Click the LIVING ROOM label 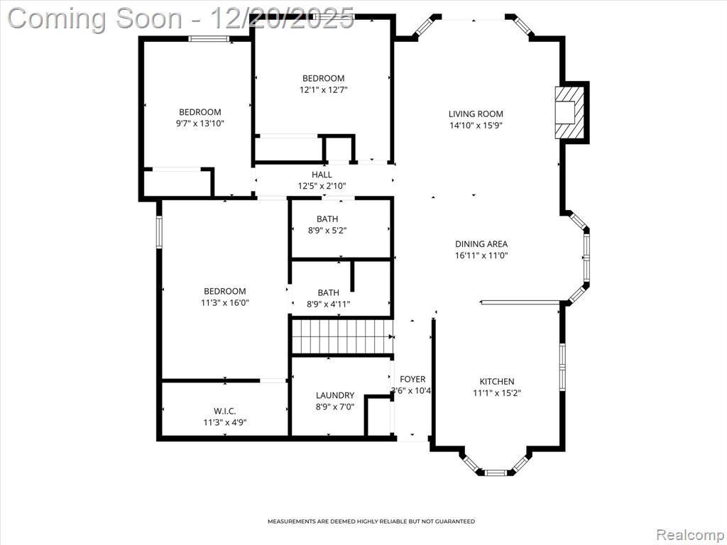tap(476, 114)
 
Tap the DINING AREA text tap(481, 244)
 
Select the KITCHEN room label tap(496, 381)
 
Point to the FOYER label tap(412, 379)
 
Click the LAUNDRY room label tap(335, 395)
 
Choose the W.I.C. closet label tap(225, 411)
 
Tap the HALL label tap(322, 175)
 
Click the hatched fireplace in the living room tap(570, 113)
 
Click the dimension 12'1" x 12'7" tap(323, 90)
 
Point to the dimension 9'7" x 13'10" tap(199, 123)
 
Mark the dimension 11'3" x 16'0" tap(225, 303)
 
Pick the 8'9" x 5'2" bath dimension tap(327, 231)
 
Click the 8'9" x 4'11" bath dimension tap(328, 304)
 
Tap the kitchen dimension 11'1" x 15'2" tap(497, 393)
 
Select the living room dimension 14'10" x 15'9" tap(476, 125)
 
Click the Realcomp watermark tap(690, 535)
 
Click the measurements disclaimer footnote tap(371, 522)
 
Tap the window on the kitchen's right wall tap(563, 367)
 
